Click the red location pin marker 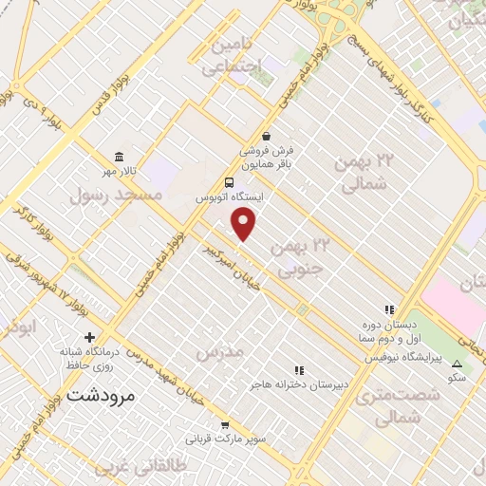(x=245, y=225)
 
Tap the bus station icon (x=230, y=182)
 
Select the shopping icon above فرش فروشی (x=268, y=137)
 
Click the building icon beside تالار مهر (x=118, y=157)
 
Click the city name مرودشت (x=101, y=395)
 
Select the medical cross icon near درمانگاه (x=90, y=337)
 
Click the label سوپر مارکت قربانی (x=225, y=440)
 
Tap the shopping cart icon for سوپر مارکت (x=225, y=425)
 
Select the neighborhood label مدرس (x=219, y=353)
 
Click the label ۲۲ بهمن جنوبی (x=302, y=257)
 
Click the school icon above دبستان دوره (x=388, y=309)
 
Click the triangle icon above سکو (x=458, y=364)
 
